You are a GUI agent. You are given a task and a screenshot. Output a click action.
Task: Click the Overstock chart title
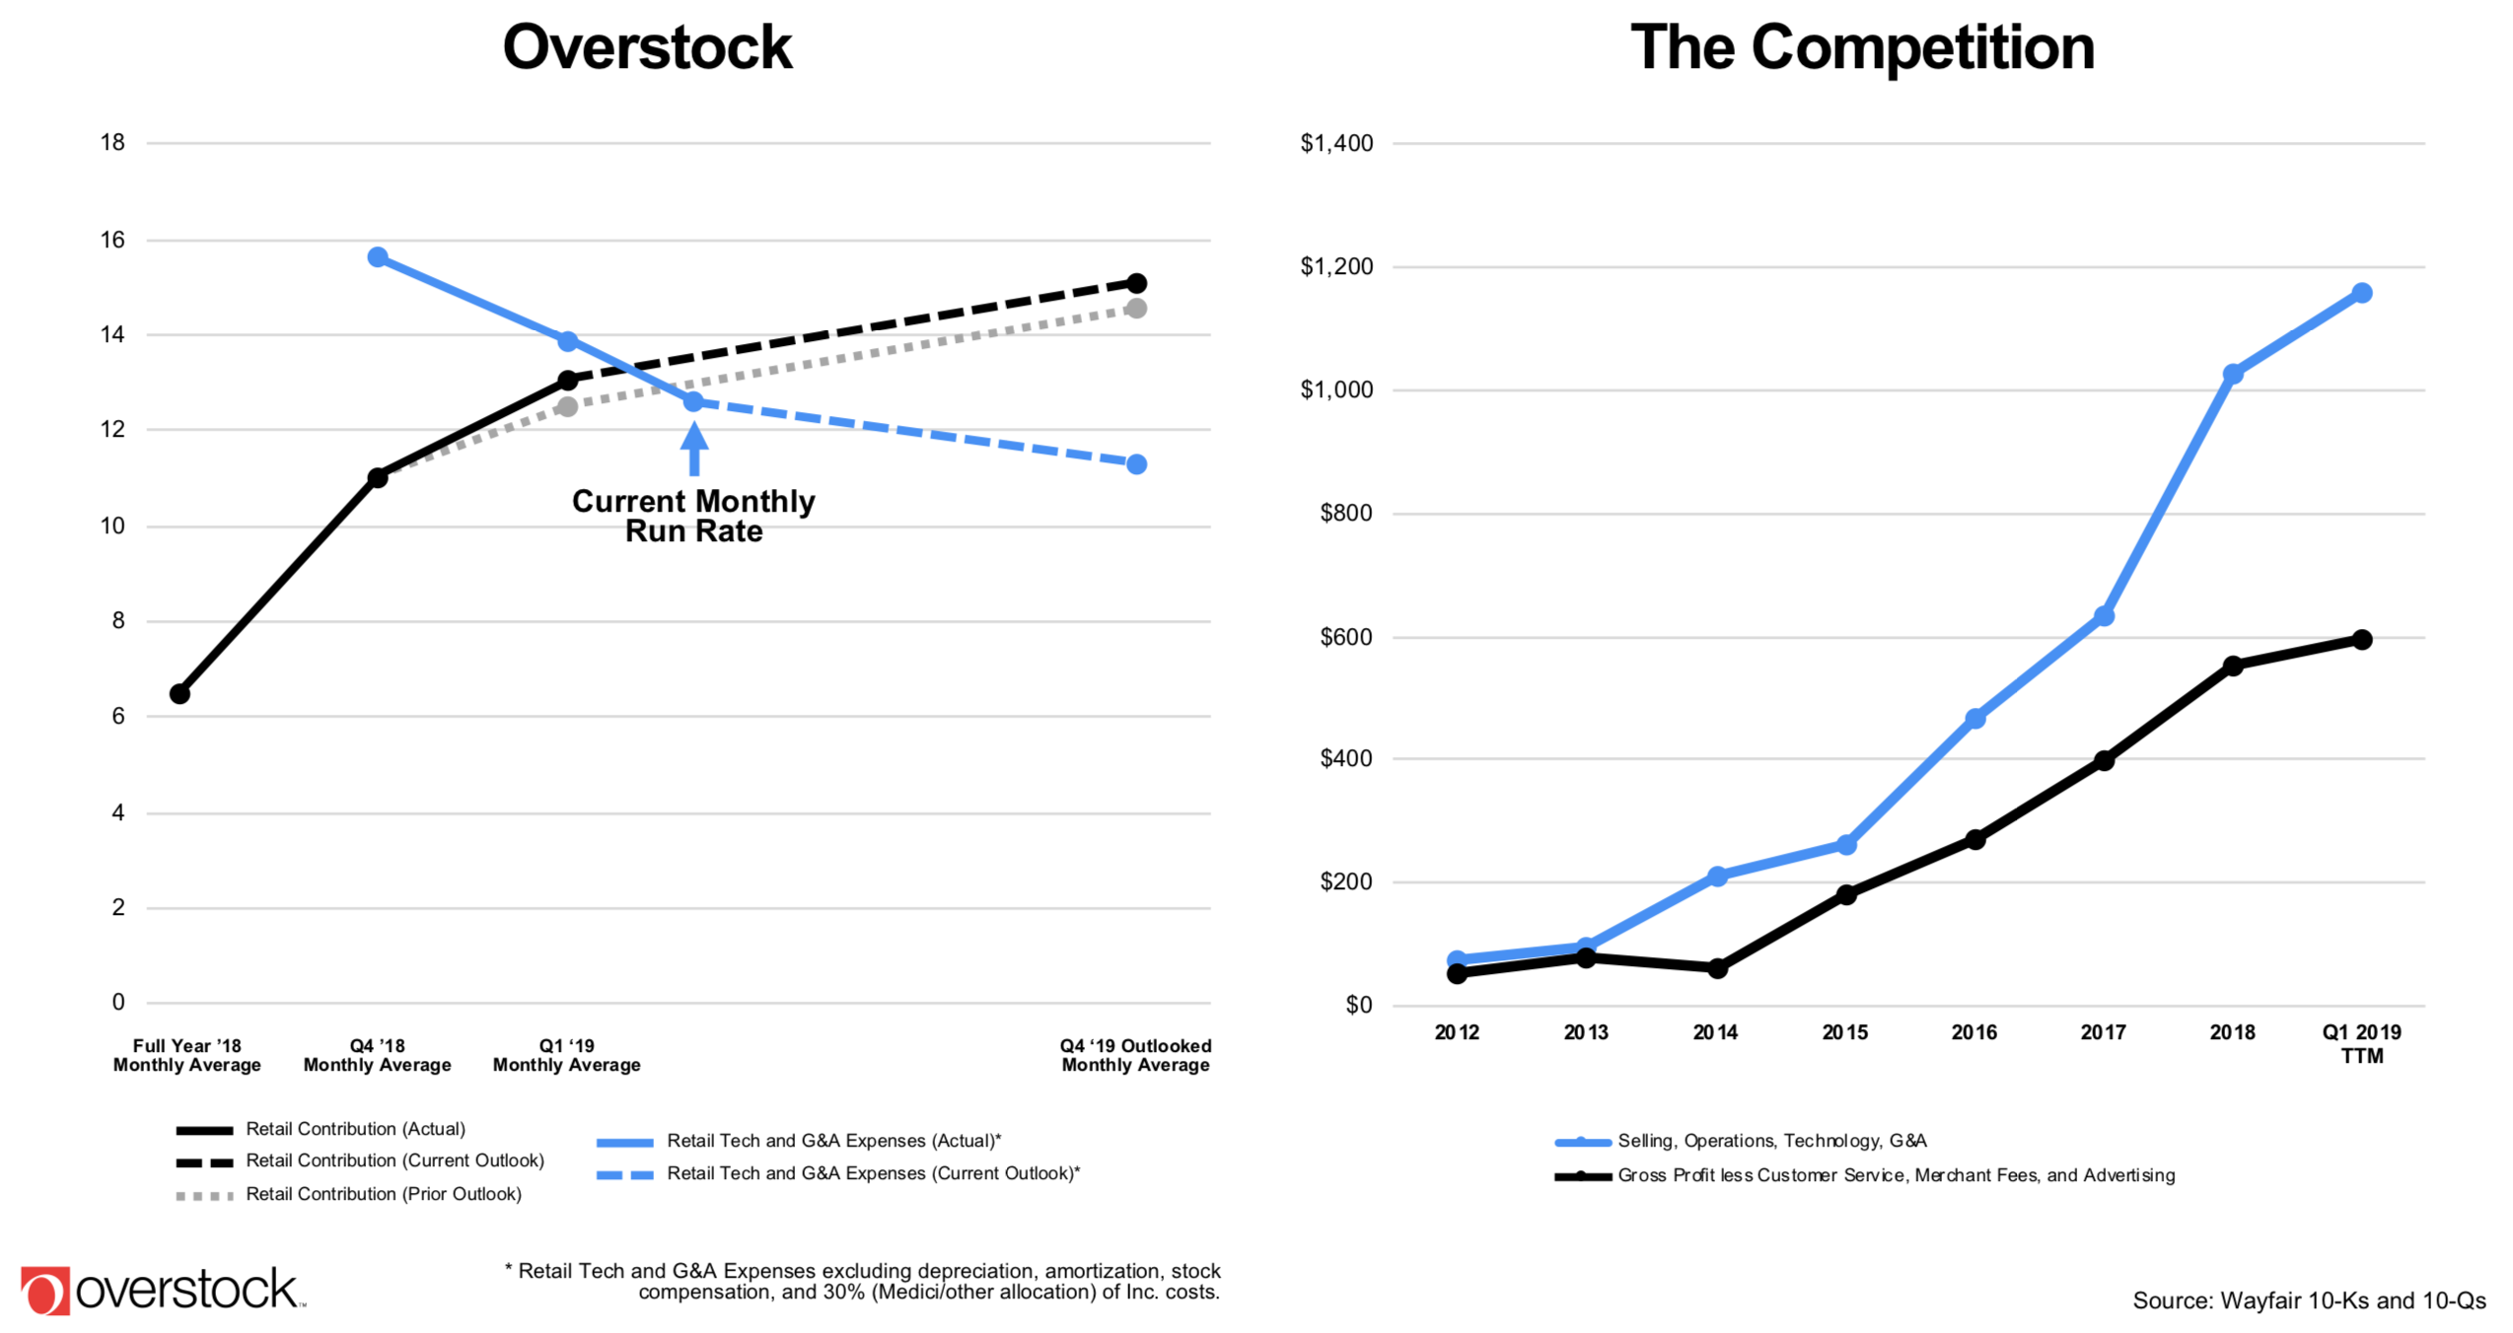tap(647, 47)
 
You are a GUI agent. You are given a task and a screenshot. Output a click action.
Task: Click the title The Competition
tap(1861, 47)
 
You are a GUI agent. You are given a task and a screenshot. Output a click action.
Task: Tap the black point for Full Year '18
tap(179, 694)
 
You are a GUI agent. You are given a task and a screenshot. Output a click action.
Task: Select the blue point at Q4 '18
tap(378, 257)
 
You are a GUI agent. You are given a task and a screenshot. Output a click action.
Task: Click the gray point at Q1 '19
tap(567, 406)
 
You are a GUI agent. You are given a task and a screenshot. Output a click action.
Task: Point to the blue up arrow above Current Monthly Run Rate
tap(694, 449)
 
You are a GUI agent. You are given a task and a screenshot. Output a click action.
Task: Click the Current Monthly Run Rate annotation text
tap(693, 516)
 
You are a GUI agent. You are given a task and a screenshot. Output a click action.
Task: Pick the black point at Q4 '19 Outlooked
tap(1136, 283)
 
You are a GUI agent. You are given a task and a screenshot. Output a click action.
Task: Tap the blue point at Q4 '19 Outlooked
tap(1136, 463)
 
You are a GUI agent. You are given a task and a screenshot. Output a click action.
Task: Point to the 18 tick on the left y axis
tap(112, 143)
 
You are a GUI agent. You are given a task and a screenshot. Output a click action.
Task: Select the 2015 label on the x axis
tap(1844, 1032)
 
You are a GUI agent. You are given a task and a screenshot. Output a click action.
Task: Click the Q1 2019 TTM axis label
tap(2361, 1043)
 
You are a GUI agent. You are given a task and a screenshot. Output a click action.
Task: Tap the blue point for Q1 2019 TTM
tap(2361, 293)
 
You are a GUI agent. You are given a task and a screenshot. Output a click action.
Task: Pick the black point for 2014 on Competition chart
tap(1717, 968)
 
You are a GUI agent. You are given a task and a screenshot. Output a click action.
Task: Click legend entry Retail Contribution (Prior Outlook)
tap(383, 1194)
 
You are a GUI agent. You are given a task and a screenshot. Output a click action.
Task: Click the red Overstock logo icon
tap(44, 1291)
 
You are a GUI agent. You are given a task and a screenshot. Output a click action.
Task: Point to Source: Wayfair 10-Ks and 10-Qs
tap(2309, 1300)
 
